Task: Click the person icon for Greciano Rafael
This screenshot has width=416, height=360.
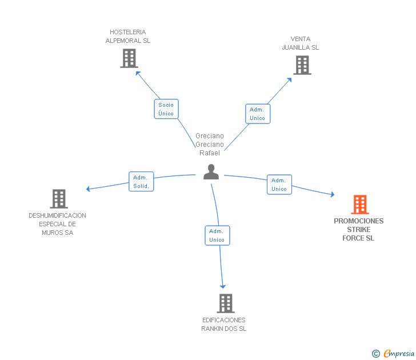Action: [x=211, y=172]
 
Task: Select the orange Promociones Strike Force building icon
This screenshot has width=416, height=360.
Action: [x=360, y=205]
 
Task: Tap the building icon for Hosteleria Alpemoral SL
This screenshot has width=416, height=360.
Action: [x=129, y=58]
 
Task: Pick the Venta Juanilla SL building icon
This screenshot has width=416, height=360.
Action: [x=302, y=65]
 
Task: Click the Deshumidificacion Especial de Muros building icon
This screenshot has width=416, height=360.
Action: [x=59, y=199]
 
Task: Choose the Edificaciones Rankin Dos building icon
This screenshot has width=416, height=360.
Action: [x=226, y=303]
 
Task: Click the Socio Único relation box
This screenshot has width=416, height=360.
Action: [x=166, y=109]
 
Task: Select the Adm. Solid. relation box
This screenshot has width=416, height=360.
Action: [x=141, y=182]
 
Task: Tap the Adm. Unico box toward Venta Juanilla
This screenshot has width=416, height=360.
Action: [x=258, y=114]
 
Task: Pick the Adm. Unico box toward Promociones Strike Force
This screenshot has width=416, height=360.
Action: [x=279, y=185]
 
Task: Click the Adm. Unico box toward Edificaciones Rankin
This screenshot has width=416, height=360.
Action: [x=217, y=235]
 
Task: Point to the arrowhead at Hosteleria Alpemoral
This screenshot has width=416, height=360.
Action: [x=138, y=73]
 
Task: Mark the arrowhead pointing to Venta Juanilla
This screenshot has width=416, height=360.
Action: [x=290, y=80]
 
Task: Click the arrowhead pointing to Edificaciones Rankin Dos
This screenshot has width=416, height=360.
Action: [x=223, y=286]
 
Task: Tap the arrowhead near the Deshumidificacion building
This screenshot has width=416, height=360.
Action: [x=88, y=189]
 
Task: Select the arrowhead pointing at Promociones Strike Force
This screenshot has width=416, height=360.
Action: [x=333, y=194]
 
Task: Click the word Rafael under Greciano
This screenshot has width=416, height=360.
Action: [x=210, y=153]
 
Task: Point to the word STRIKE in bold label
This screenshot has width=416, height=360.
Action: [x=359, y=230]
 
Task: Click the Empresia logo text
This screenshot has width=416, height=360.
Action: [x=399, y=353]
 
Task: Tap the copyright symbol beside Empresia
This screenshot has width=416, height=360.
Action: [x=376, y=354]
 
